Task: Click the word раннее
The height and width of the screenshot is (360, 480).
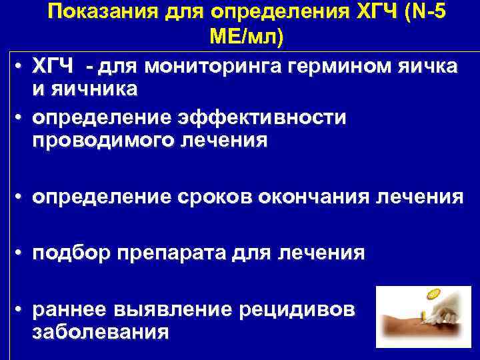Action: pyautogui.click(x=71, y=310)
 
